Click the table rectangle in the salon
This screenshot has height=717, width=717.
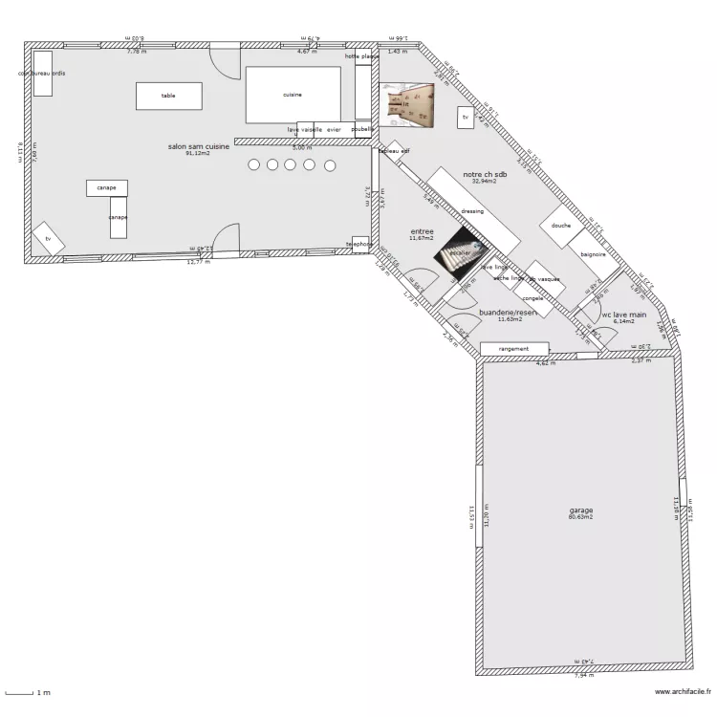click(x=168, y=96)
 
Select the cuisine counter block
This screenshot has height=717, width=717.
click(x=293, y=95)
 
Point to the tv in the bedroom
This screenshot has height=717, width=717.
click(x=466, y=118)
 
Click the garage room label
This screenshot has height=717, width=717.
click(x=580, y=511)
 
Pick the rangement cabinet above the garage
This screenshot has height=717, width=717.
click(x=514, y=349)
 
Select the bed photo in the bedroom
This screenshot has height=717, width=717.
click(x=408, y=104)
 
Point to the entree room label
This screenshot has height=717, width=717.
click(x=422, y=231)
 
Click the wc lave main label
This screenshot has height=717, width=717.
click(x=623, y=314)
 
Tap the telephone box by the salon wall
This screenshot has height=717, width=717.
click(x=359, y=244)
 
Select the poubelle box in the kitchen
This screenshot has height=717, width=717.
click(x=361, y=128)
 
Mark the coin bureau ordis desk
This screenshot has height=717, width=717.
click(x=42, y=80)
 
